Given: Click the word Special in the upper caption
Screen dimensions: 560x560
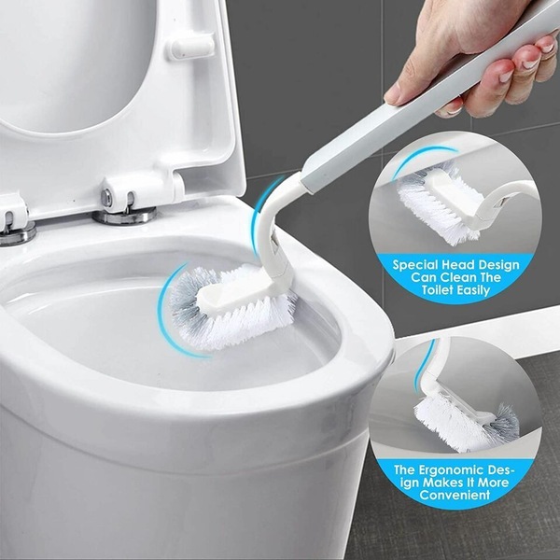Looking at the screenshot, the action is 415,265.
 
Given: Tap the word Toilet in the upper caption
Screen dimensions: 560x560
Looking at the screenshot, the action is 438,289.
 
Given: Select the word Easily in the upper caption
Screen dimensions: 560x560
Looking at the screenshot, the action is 473,290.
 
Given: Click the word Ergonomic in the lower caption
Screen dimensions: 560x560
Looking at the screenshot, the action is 451,469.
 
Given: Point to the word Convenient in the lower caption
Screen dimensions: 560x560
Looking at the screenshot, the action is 455,495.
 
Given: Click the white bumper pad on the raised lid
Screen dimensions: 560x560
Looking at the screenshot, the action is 192,47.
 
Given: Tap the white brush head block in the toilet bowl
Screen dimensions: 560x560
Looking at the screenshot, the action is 236,294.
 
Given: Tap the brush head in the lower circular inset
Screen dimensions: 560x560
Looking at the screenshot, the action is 464,423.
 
